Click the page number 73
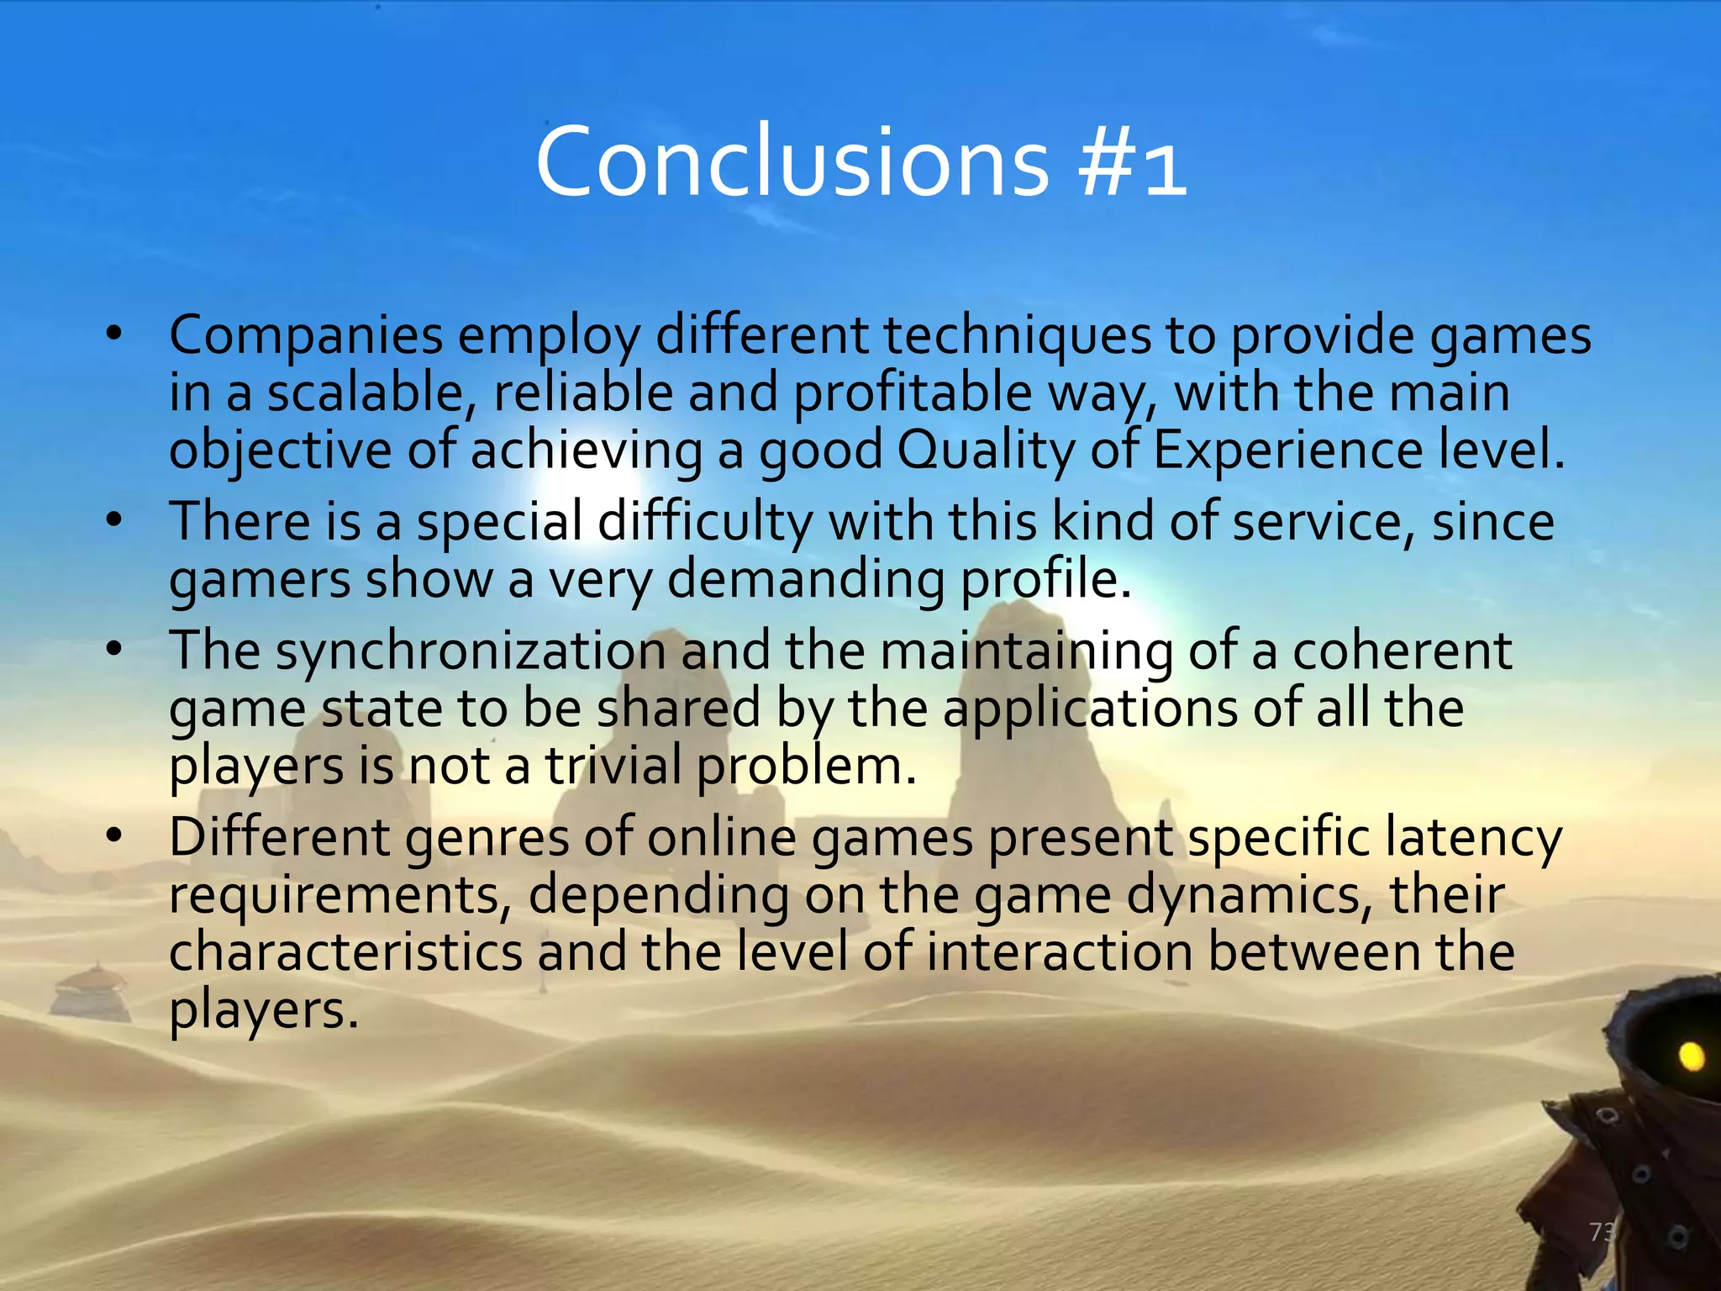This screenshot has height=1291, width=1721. tap(1602, 1232)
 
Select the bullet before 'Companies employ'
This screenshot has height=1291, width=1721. tap(115, 335)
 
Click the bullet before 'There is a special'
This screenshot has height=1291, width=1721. tap(115, 521)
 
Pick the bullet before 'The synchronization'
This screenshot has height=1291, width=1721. tap(115, 650)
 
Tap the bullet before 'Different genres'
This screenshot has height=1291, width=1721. tap(115, 837)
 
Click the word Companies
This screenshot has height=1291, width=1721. tap(306, 335)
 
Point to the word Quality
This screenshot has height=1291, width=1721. tap(986, 451)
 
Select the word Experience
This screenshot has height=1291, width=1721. tap(1287, 451)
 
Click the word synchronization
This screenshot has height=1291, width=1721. tap(471, 651)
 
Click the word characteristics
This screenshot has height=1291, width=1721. tap(345, 952)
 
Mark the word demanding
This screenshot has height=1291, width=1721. tap(806, 580)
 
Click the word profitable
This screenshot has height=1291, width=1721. tap(912, 393)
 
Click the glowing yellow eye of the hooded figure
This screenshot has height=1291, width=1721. tap(1691, 1056)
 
